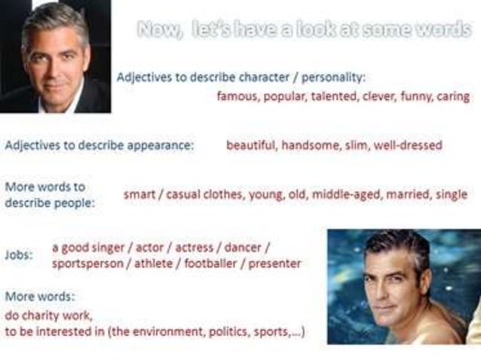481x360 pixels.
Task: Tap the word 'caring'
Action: pyautogui.click(x=453, y=96)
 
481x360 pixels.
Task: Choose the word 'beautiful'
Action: pyautogui.click(x=250, y=145)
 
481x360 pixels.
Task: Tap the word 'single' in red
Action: pyautogui.click(x=452, y=194)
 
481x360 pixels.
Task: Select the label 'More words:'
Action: pyautogui.click(x=40, y=297)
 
